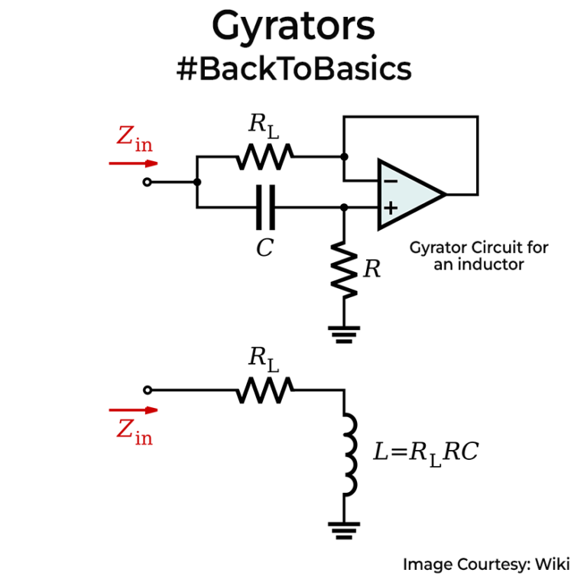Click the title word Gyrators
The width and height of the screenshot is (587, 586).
(x=293, y=27)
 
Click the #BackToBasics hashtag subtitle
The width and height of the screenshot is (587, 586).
(x=293, y=69)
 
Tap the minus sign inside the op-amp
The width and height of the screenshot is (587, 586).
(x=390, y=182)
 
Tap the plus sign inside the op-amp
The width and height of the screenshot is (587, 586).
(x=390, y=207)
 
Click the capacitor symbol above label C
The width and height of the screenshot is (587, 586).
(x=264, y=207)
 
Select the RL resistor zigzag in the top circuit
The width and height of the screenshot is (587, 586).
(x=264, y=157)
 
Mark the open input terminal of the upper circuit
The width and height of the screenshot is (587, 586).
(x=148, y=182)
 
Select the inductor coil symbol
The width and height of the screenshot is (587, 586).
(x=348, y=455)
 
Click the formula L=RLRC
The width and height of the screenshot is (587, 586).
(x=425, y=452)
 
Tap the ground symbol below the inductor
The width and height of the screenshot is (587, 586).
(x=344, y=526)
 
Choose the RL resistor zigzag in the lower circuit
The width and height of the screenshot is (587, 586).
(x=264, y=390)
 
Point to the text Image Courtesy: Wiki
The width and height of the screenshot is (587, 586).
(x=486, y=565)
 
